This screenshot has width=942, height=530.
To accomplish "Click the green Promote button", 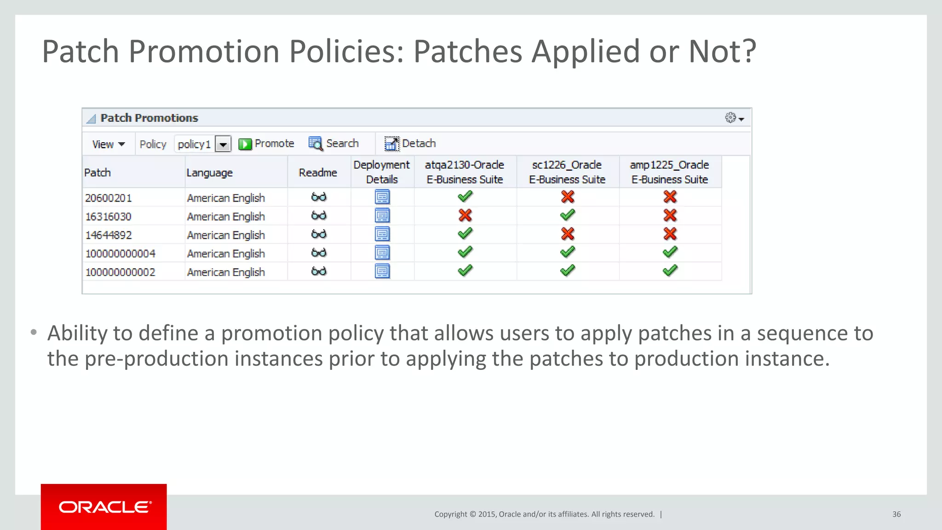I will (x=266, y=144).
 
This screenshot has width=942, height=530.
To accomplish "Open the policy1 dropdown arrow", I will (x=223, y=144).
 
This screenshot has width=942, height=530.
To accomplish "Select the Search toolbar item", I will (x=333, y=144).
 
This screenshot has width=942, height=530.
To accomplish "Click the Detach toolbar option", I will (x=410, y=144).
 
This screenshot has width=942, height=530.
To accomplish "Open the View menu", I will (x=108, y=144).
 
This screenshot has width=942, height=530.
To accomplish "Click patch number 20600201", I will (x=109, y=198).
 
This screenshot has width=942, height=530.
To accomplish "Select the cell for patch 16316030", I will (x=109, y=216).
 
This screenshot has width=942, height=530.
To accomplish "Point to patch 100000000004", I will (x=121, y=253).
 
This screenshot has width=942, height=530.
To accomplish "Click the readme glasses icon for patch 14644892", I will (x=319, y=234).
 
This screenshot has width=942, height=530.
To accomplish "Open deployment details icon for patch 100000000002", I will (x=382, y=271).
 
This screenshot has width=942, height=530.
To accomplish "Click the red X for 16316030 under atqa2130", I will (x=465, y=215).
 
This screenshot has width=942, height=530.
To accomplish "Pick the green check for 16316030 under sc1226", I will (x=568, y=215).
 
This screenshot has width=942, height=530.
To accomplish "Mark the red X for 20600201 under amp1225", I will (x=670, y=197).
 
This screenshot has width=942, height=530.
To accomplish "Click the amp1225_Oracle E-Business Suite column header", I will (x=670, y=172).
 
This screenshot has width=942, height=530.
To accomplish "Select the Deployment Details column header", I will (x=382, y=172).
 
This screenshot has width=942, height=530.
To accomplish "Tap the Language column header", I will (x=210, y=173).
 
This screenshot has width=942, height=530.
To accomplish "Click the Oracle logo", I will (x=104, y=507).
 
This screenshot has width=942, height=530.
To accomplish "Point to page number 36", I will (x=896, y=514).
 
